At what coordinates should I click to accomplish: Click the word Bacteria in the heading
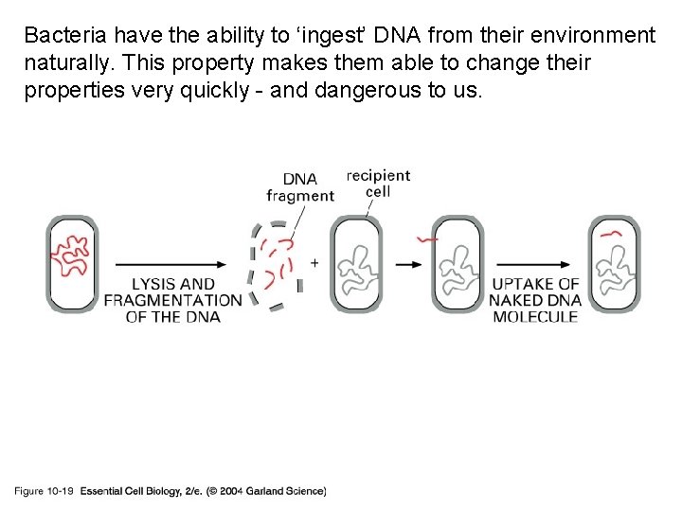[x=64, y=36]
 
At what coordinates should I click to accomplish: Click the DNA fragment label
[x=300, y=187]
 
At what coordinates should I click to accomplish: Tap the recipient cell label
[x=378, y=183]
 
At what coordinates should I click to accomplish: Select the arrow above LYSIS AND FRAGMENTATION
[x=170, y=263]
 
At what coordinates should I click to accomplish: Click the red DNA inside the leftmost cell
[x=72, y=254]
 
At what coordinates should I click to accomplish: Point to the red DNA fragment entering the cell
[x=432, y=241]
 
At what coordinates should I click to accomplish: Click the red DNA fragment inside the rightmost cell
[x=611, y=230]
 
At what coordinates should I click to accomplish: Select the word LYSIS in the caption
[x=153, y=284]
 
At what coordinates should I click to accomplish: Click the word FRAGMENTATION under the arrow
[x=173, y=300]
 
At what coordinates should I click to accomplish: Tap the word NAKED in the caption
[x=515, y=300]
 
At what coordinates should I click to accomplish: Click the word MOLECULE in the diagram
[x=535, y=316]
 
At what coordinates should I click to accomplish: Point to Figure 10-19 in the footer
[x=44, y=491]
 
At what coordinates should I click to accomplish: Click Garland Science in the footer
[x=289, y=491]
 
